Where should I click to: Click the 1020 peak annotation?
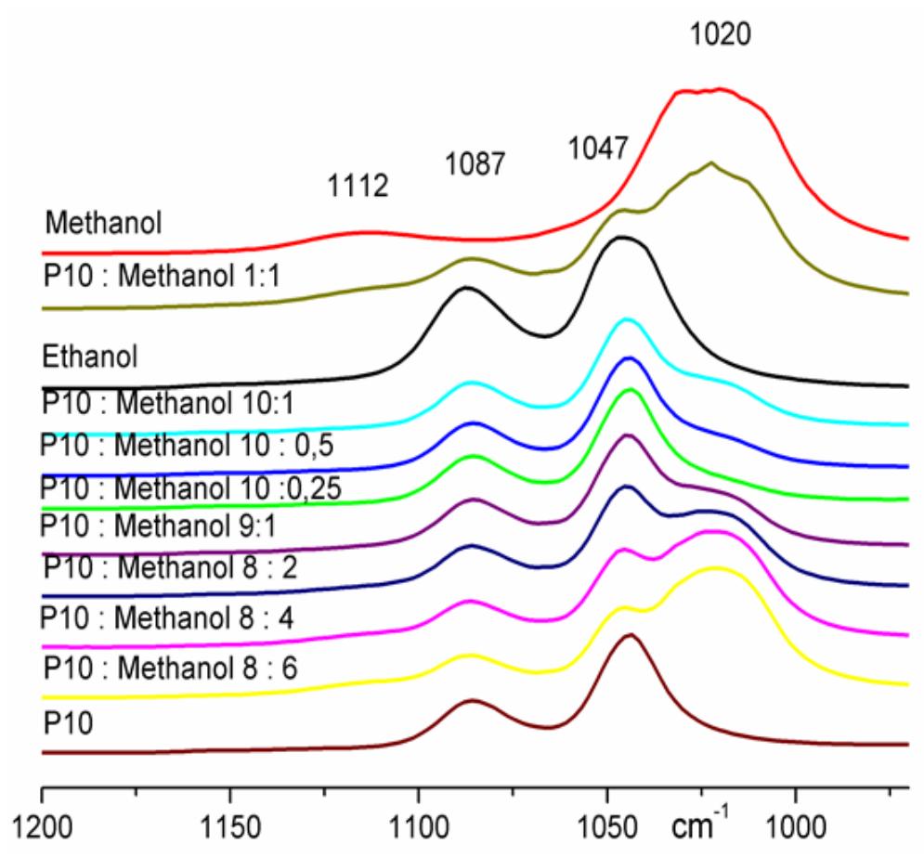pos(720,36)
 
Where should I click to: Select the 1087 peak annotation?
pos(474,164)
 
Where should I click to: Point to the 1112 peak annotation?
pos(358,187)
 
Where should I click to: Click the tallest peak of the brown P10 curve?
pos(631,635)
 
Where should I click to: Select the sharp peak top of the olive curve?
pos(711,162)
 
